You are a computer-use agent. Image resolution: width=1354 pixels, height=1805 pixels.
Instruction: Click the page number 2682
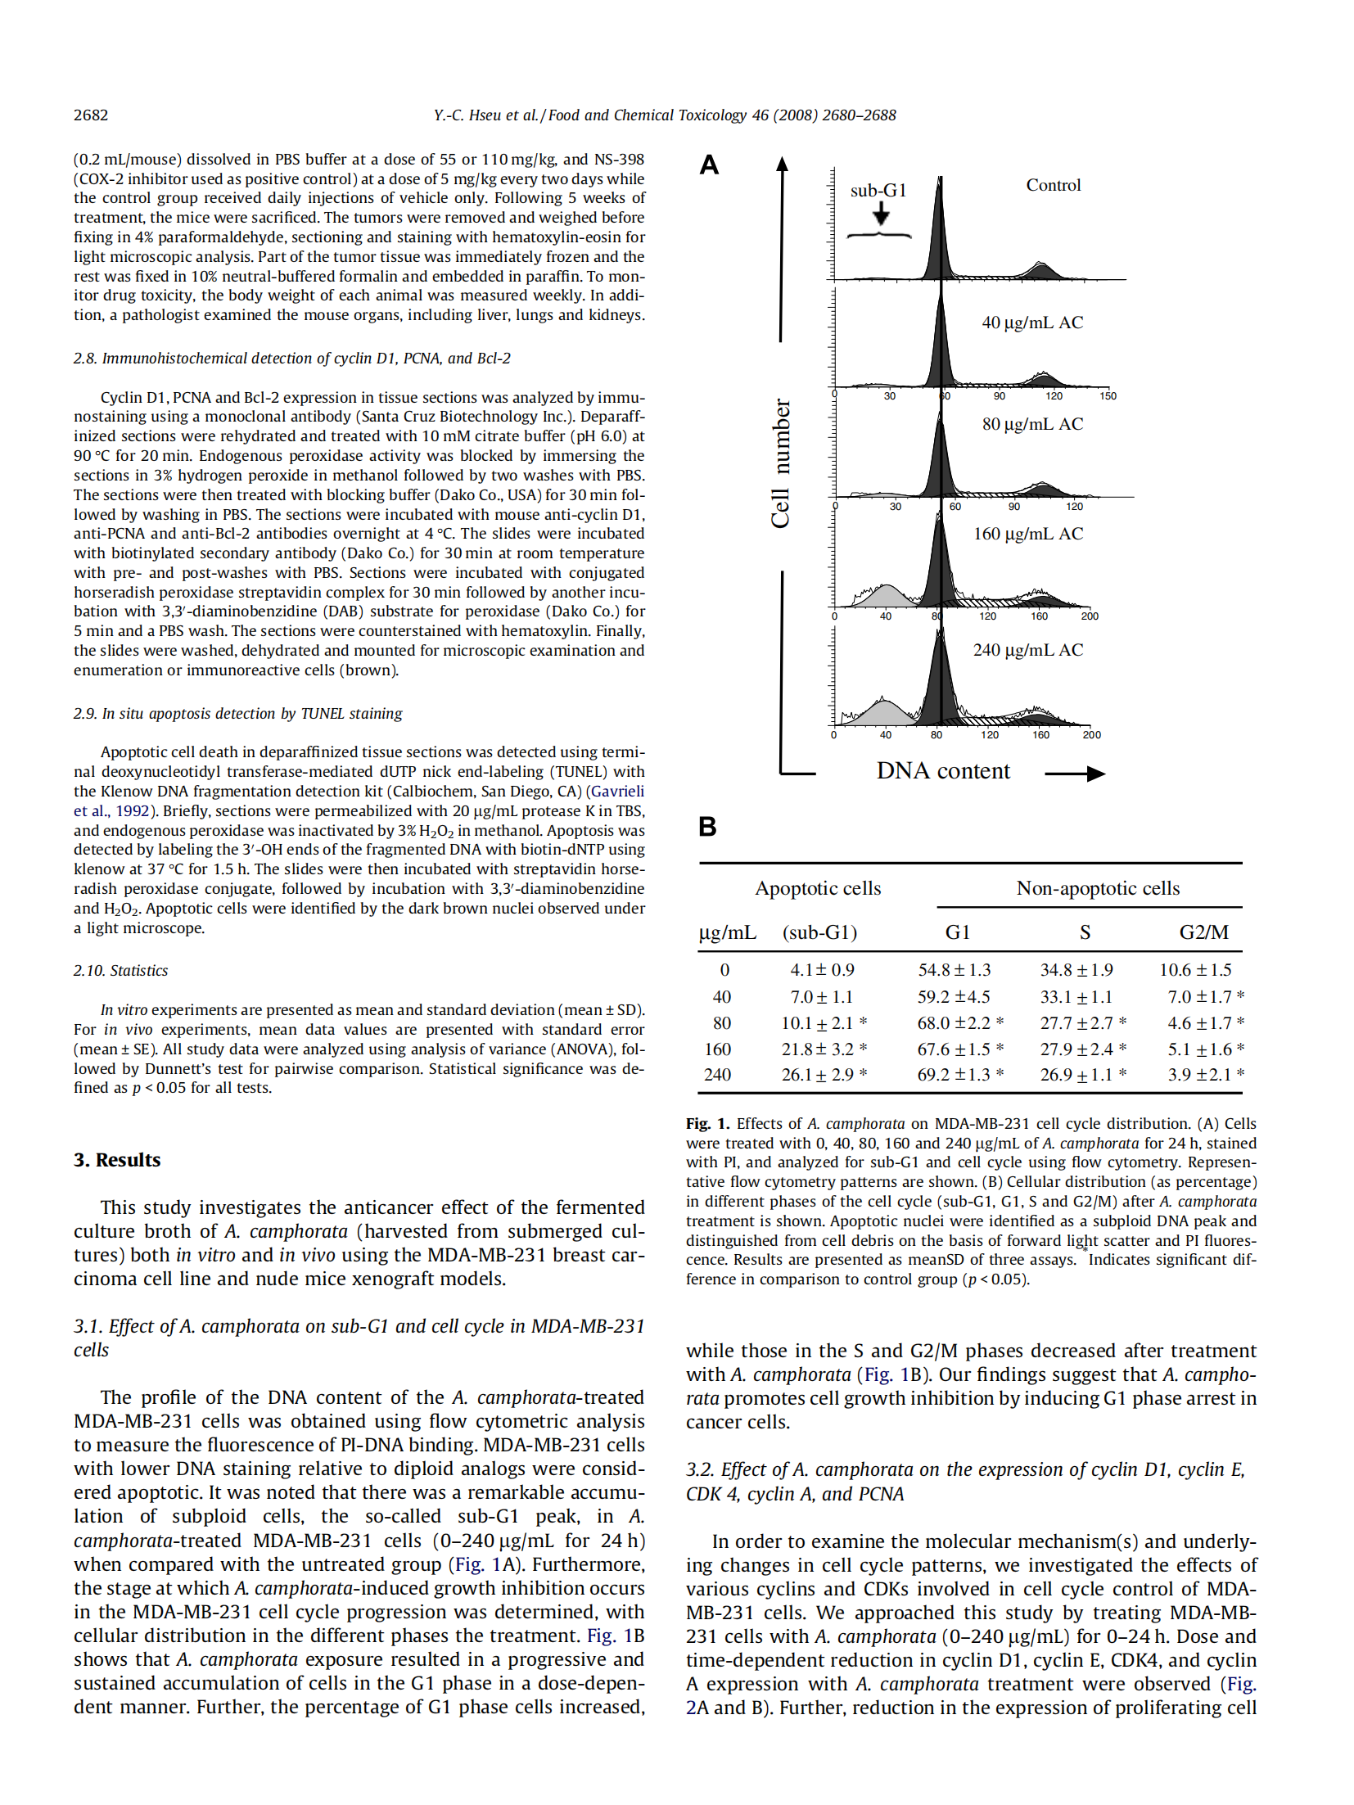click(x=91, y=115)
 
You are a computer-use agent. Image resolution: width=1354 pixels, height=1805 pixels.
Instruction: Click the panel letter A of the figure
click(x=709, y=165)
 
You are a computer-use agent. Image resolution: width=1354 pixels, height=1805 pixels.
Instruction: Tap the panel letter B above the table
click(x=707, y=827)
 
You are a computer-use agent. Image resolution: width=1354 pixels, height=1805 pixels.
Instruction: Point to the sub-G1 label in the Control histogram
click(x=878, y=191)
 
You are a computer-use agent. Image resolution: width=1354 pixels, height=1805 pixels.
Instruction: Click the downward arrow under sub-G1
click(x=881, y=214)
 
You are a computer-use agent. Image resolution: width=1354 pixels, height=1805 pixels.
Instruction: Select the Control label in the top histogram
click(x=1054, y=185)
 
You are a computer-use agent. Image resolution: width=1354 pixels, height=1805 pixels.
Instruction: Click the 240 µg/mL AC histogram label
click(x=1027, y=650)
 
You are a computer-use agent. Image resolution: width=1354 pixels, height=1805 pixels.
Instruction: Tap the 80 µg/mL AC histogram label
click(x=1032, y=424)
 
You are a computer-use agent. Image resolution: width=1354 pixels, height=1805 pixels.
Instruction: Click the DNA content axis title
click(x=943, y=771)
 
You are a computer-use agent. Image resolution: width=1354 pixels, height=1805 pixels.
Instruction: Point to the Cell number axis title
click(x=781, y=463)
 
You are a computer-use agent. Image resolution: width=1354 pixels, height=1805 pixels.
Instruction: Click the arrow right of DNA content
click(x=1074, y=774)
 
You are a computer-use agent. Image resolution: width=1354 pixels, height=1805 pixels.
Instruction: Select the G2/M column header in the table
click(x=1203, y=932)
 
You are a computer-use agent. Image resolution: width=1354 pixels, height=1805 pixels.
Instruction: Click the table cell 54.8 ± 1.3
click(x=954, y=970)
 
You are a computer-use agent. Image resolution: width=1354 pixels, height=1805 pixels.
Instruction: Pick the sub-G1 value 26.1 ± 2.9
click(x=818, y=1075)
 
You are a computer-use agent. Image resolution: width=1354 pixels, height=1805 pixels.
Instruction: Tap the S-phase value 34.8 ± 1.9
click(x=1076, y=970)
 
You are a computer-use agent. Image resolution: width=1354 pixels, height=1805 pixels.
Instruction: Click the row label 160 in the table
click(x=718, y=1049)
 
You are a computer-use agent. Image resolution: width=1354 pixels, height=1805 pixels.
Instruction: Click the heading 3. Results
click(x=117, y=1160)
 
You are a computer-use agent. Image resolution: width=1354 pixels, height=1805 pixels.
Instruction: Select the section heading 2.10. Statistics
click(x=121, y=971)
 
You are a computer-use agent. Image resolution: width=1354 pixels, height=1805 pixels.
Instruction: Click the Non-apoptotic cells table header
click(x=1098, y=888)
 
